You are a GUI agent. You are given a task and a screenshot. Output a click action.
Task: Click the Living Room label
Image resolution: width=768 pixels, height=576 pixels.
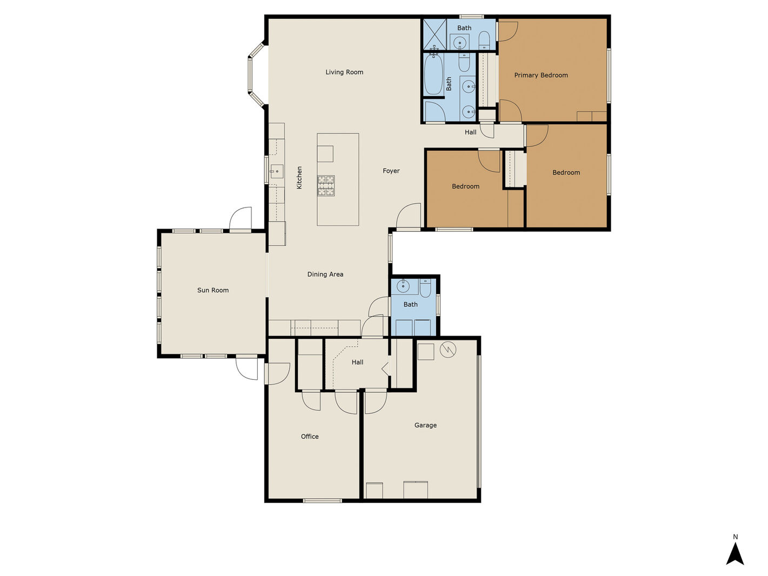pos(344,72)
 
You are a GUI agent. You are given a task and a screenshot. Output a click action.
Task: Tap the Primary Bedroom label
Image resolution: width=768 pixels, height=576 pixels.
pos(541,75)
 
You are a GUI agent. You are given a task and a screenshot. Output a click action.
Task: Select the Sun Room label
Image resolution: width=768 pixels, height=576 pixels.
pos(213,290)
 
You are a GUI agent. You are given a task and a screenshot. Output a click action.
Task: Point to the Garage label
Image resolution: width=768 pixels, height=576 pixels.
pos(425,425)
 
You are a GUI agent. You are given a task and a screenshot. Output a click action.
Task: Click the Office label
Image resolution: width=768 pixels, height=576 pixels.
pos(310,437)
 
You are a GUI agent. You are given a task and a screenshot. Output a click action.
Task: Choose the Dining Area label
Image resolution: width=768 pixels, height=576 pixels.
pos(325,274)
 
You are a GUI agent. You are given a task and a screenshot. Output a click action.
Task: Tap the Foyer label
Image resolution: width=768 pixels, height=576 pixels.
pos(391,171)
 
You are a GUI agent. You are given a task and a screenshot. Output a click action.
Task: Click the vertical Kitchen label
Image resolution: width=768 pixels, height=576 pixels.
pos(299,178)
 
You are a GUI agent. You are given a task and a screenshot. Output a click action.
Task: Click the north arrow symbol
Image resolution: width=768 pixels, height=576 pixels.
pos(735,554)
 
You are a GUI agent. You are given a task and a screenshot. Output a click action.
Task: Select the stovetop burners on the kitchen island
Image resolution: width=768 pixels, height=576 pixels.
pos(326,185)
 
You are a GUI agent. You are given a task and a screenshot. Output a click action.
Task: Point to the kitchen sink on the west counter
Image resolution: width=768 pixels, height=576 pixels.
pos(276,171)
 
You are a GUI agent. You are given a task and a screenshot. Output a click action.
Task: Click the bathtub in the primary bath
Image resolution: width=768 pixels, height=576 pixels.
pos(433,74)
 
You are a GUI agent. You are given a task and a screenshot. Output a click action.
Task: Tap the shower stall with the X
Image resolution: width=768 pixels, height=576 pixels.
pos(435,34)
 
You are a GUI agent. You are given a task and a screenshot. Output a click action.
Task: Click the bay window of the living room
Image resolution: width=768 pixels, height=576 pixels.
pos(256,74)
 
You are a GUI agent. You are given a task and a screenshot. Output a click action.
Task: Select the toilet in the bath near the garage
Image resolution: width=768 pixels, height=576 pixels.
pos(425,288)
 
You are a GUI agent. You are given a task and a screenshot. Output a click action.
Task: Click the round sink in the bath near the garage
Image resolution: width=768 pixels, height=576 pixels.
pos(403,286)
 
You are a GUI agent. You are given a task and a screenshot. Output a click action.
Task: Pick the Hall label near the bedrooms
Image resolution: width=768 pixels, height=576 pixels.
pos(471,132)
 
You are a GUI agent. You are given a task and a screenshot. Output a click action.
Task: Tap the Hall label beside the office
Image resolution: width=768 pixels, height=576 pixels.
pos(357,363)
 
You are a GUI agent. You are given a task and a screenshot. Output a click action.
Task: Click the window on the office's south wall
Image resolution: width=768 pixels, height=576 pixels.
pos(322,501)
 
